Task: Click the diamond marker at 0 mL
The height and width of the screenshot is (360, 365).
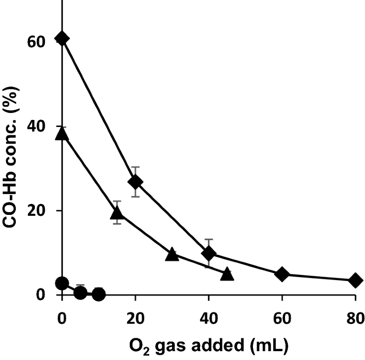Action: tap(62, 39)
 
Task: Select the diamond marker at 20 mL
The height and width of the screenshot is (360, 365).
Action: tap(135, 181)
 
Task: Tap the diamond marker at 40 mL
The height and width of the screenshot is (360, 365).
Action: tap(209, 253)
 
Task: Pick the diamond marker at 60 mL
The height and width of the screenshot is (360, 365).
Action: tap(282, 274)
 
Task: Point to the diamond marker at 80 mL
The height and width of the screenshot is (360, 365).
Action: tap(355, 280)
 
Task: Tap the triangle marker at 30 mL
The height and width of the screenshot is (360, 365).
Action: tap(172, 254)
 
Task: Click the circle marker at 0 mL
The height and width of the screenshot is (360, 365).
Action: tap(62, 283)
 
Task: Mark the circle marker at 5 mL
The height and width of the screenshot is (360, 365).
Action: tap(80, 292)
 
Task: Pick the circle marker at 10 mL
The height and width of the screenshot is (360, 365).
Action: tap(99, 294)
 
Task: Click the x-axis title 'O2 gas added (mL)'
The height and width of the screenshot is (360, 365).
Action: tap(209, 347)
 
